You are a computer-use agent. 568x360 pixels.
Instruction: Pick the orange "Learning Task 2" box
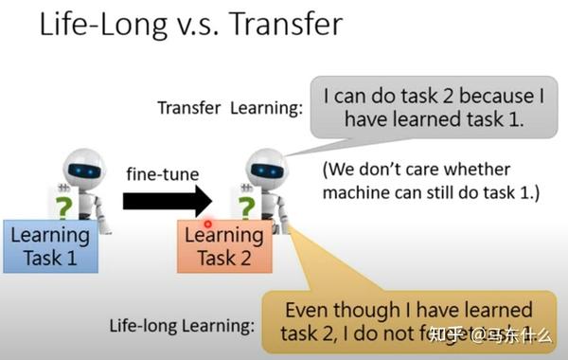pyautogui.click(x=224, y=245)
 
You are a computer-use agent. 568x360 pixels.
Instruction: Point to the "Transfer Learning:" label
pyautogui.click(x=229, y=107)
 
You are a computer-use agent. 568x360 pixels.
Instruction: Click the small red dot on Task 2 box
pyautogui.click(x=208, y=225)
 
